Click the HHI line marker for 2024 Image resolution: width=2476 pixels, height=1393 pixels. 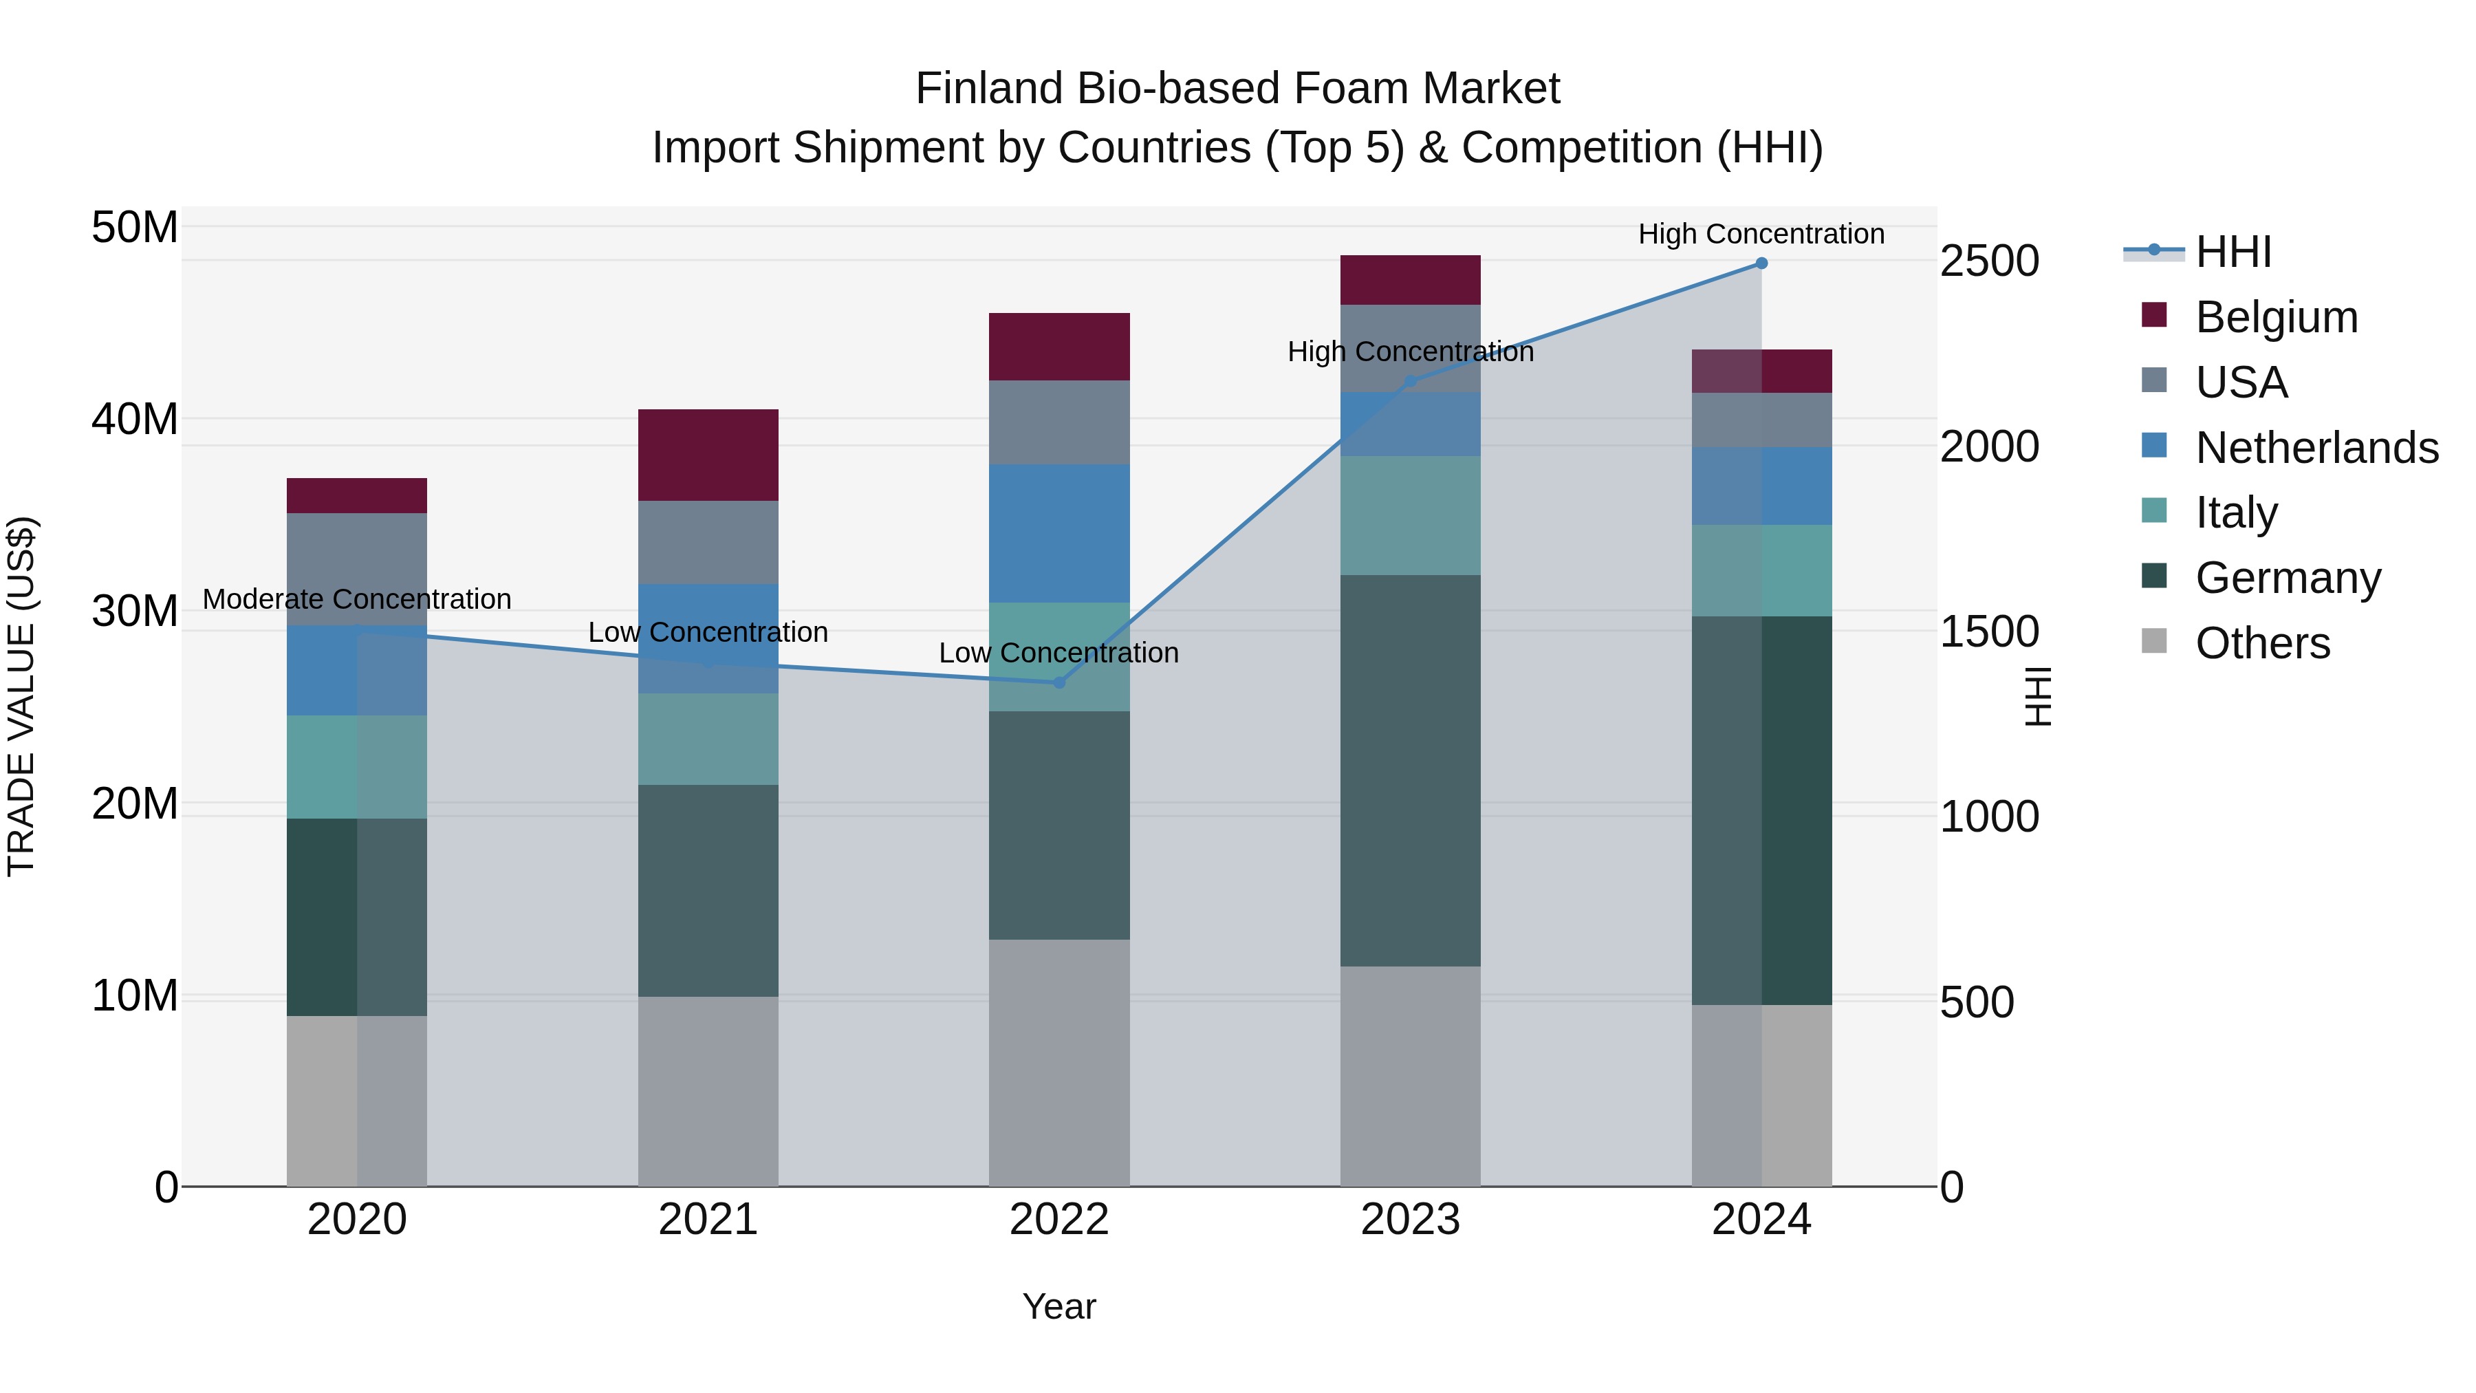click(x=1761, y=263)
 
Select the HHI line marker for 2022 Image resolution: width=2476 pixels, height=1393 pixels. click(x=1059, y=682)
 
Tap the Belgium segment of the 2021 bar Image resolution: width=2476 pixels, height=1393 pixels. click(x=708, y=455)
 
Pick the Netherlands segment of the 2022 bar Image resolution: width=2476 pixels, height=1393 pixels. click(x=1059, y=534)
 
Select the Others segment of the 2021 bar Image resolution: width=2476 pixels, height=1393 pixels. click(x=708, y=1091)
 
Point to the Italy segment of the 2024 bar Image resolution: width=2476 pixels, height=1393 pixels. click(x=1761, y=570)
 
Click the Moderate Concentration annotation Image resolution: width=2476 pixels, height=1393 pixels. click(x=356, y=599)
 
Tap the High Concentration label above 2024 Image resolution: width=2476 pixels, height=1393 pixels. click(x=1761, y=234)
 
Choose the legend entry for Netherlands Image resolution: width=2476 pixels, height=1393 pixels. click(x=2316, y=447)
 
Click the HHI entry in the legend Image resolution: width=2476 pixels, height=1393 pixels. click(x=2233, y=252)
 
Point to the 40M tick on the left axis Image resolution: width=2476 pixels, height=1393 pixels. click(x=135, y=419)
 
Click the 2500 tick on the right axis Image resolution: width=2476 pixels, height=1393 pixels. click(x=1988, y=261)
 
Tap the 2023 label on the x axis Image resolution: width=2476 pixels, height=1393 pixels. click(x=1410, y=1220)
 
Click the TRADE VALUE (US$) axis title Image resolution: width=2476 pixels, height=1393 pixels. click(x=21, y=696)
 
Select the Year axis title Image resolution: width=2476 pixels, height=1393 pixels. click(x=1059, y=1306)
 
